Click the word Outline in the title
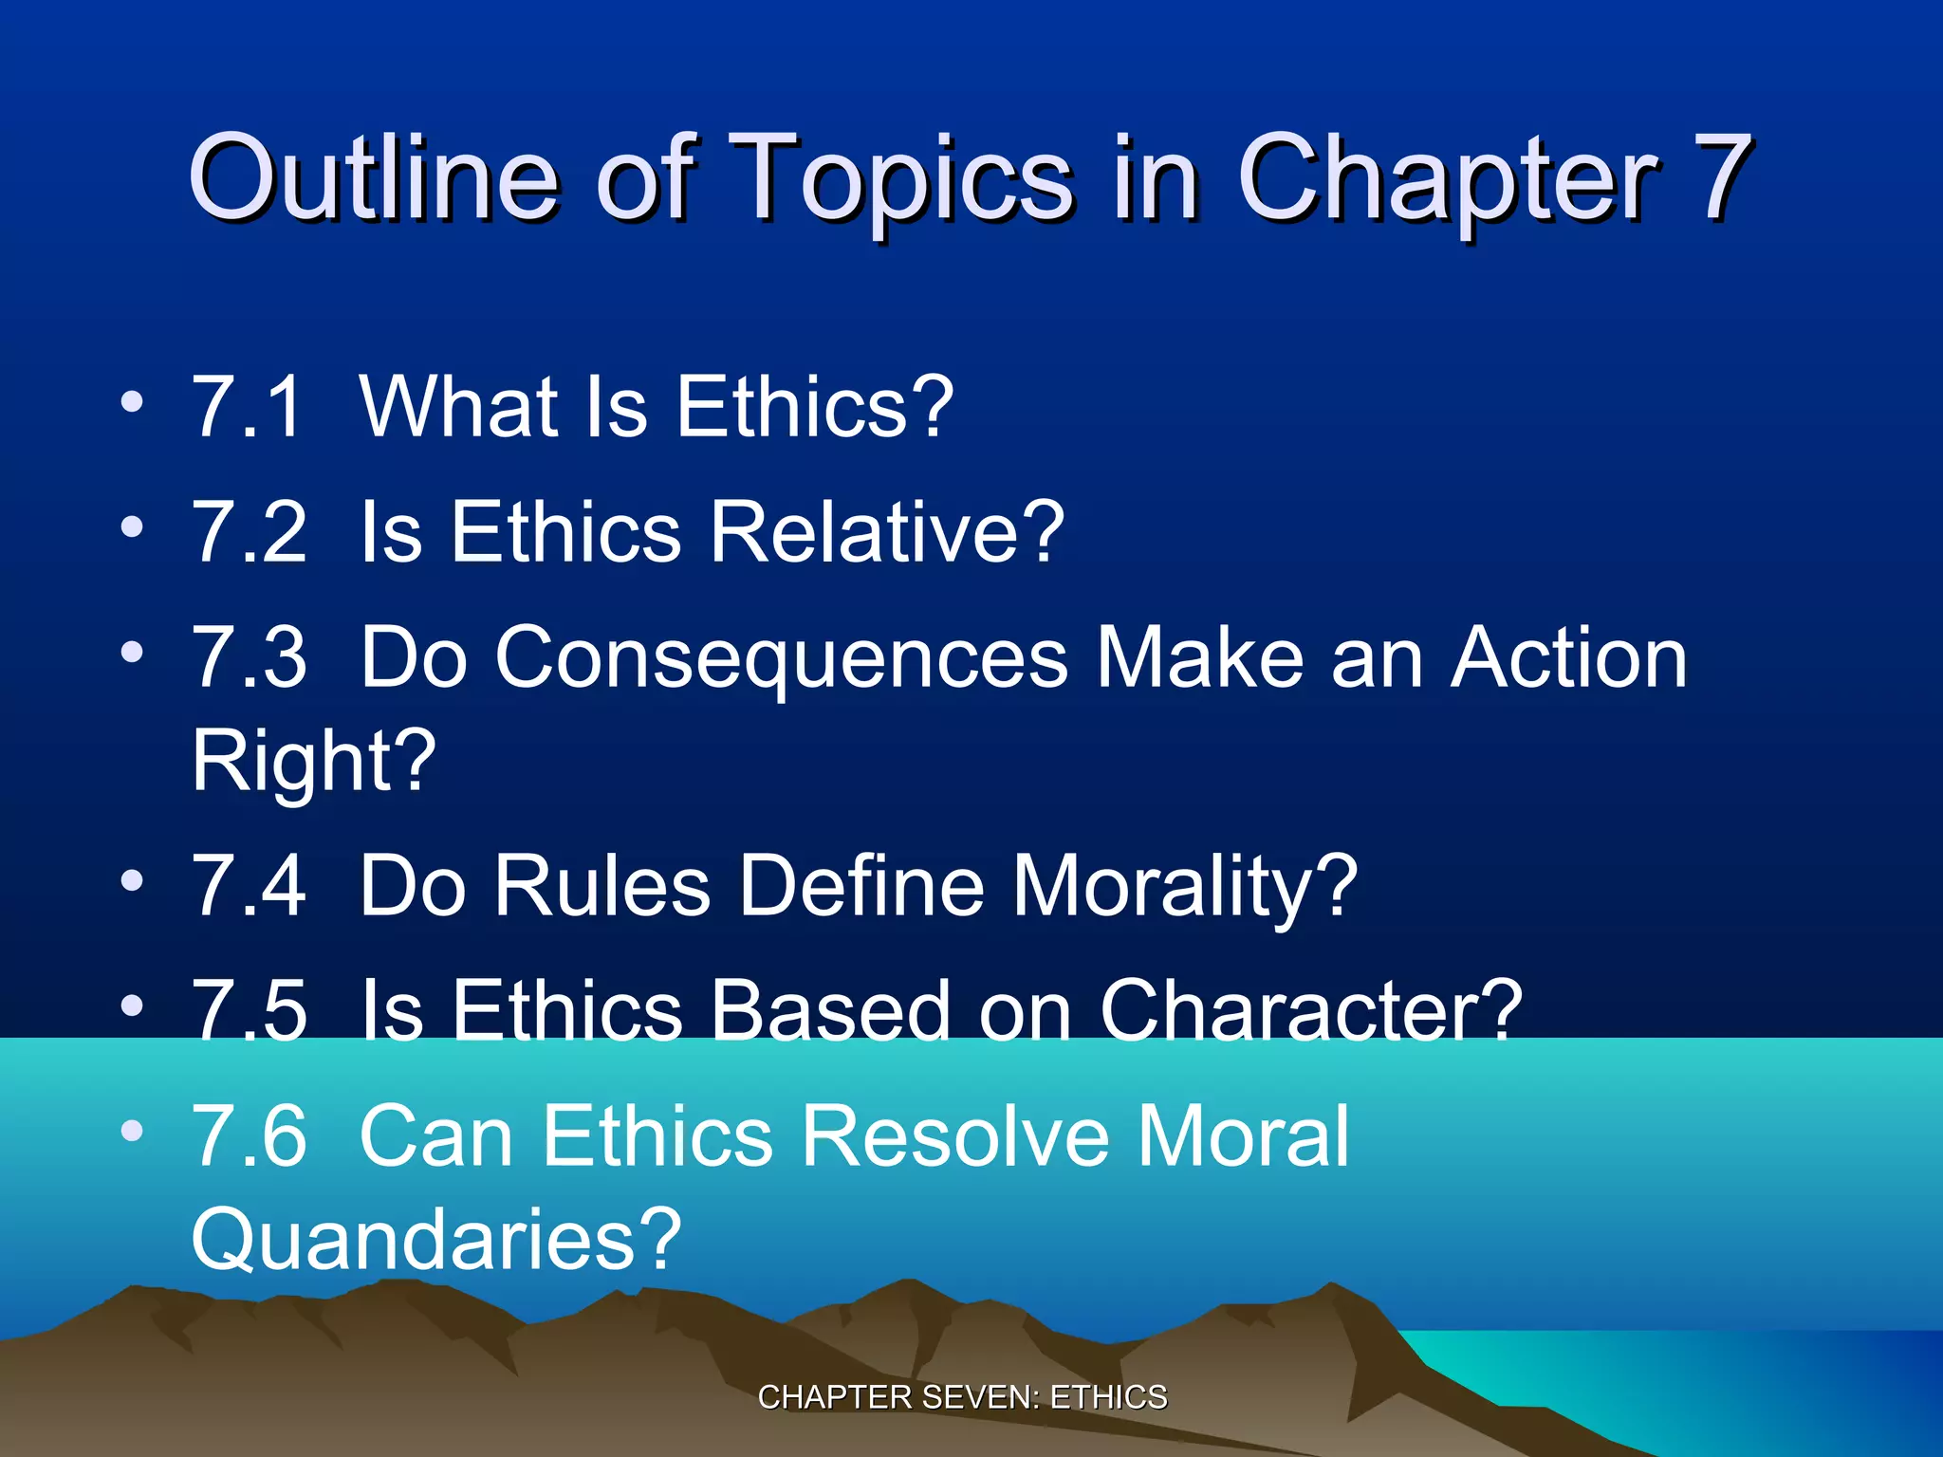pyautogui.click(x=374, y=177)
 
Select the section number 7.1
pyautogui.click(x=249, y=407)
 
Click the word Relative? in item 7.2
pyautogui.click(x=887, y=532)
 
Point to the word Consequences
pyautogui.click(x=782, y=658)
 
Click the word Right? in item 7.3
pyautogui.click(x=313, y=761)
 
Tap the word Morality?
pyautogui.click(x=1185, y=886)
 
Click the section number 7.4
pyautogui.click(x=249, y=886)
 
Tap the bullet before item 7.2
pyautogui.click(x=132, y=527)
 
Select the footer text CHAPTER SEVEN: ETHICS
pyautogui.click(x=962, y=1397)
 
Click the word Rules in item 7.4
pyautogui.click(x=601, y=886)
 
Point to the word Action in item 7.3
pyautogui.click(x=1569, y=658)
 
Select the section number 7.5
pyautogui.click(x=249, y=1011)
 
